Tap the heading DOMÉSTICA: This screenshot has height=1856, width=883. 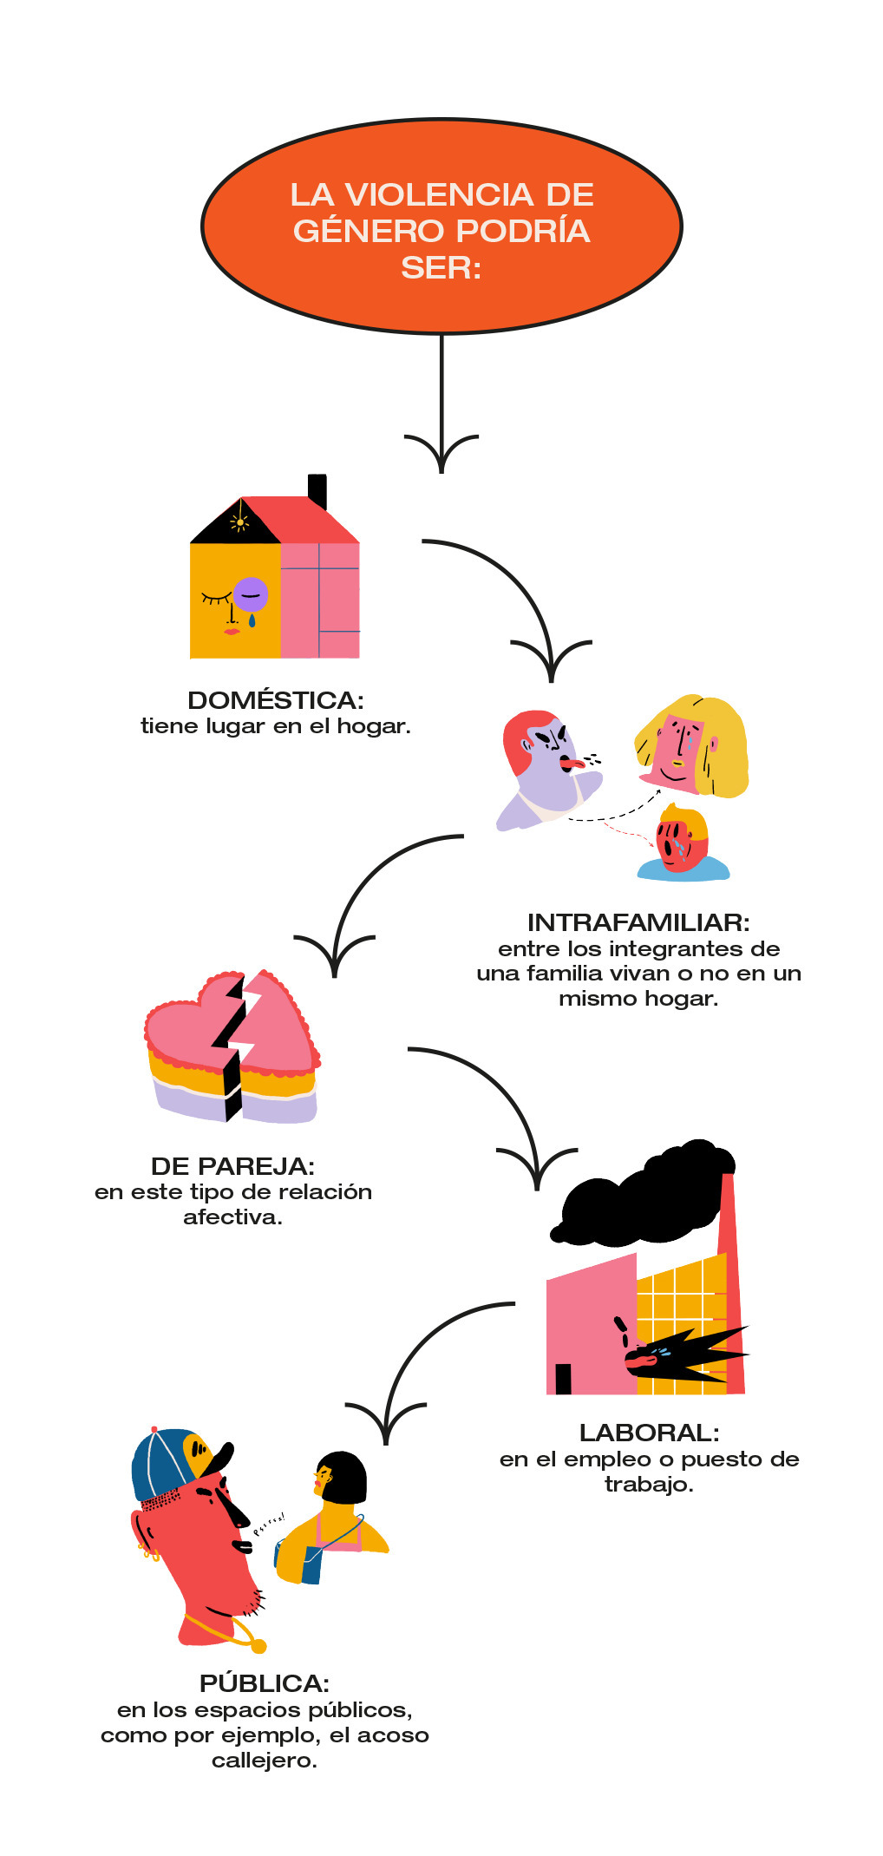[x=275, y=700]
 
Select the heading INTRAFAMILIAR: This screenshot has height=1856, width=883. [x=638, y=922]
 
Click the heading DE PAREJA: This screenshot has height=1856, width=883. [x=232, y=1166]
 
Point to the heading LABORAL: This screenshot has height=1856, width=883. [x=649, y=1433]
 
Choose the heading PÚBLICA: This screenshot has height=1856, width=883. [x=265, y=1683]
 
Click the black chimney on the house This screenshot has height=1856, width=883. [x=317, y=490]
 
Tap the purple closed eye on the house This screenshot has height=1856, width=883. [x=251, y=594]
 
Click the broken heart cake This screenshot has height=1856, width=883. [x=232, y=1050]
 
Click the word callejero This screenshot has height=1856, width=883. [x=265, y=1761]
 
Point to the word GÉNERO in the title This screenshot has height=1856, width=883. [x=368, y=232]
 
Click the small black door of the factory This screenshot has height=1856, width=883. [x=563, y=1379]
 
